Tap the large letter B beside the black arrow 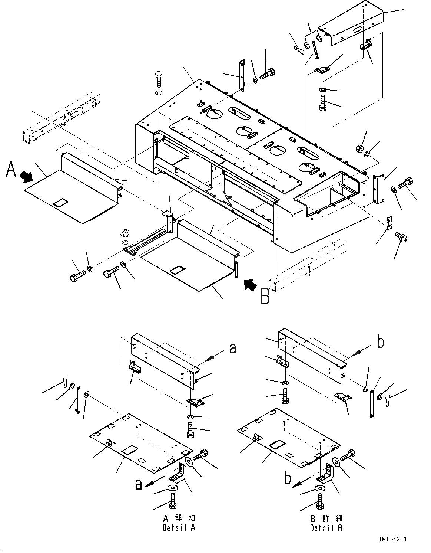(265, 297)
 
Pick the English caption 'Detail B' (326, 527)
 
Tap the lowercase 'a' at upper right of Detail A (233, 348)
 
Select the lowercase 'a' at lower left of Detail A (138, 484)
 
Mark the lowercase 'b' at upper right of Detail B (380, 343)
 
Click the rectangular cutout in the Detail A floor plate (130, 450)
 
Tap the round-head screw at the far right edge (400, 235)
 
